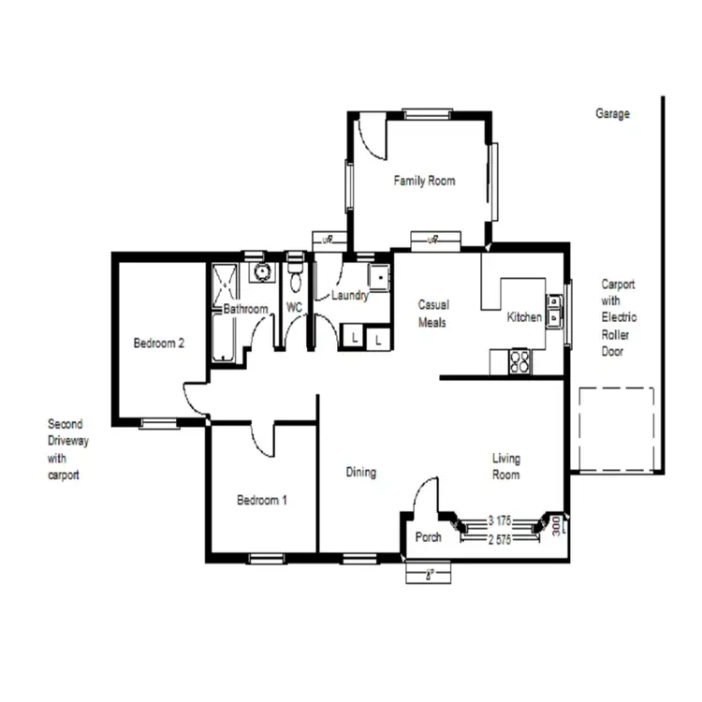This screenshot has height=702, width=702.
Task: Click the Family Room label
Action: pyautogui.click(x=424, y=181)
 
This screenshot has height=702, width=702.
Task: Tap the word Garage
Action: pyautogui.click(x=612, y=114)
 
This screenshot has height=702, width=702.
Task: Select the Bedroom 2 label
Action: pyautogui.click(x=158, y=344)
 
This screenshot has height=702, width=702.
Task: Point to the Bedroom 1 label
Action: pyautogui.click(x=261, y=501)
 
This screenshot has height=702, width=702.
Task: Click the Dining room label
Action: pyautogui.click(x=360, y=473)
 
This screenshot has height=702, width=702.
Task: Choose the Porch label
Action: pyautogui.click(x=428, y=537)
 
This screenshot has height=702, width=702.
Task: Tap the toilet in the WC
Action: pyautogui.click(x=295, y=277)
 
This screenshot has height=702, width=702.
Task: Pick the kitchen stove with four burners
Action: pyautogui.click(x=519, y=361)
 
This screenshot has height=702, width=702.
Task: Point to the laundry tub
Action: pyautogui.click(x=378, y=278)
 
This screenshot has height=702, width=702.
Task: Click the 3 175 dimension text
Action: pyautogui.click(x=499, y=520)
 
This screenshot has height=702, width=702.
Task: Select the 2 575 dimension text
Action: pyautogui.click(x=499, y=539)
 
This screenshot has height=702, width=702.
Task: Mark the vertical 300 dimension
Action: pyautogui.click(x=556, y=526)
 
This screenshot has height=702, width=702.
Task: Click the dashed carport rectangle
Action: pyautogui.click(x=615, y=429)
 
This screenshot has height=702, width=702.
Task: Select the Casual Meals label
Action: pyautogui.click(x=433, y=314)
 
